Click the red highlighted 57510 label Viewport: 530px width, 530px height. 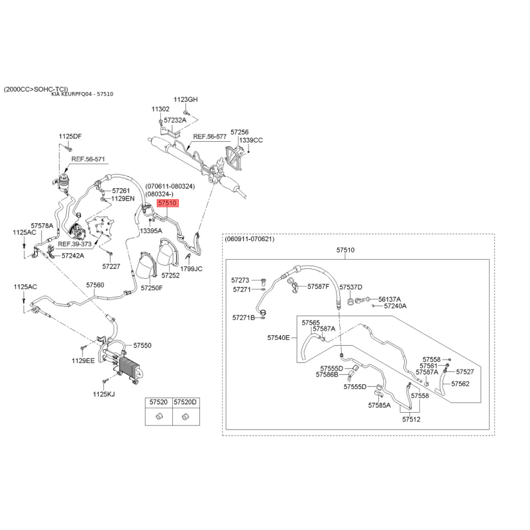click(x=168, y=203)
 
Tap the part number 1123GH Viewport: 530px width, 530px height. click(x=185, y=99)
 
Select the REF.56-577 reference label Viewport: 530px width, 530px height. click(x=209, y=136)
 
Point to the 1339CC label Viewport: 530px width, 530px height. click(x=251, y=140)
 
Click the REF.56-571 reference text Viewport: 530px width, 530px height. click(x=88, y=159)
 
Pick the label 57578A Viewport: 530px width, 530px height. click(x=42, y=225)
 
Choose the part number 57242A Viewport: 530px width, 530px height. click(x=73, y=256)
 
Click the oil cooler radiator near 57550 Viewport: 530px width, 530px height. click(x=129, y=368)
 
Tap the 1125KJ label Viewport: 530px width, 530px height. click(x=104, y=394)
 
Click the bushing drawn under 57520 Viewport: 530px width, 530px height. click(x=159, y=416)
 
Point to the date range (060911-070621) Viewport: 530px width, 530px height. click(x=250, y=239)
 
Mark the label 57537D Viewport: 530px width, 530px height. click(x=351, y=287)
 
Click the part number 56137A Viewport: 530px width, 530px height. click(x=390, y=299)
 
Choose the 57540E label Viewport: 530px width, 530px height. click(x=278, y=337)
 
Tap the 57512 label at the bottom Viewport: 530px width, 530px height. click(x=411, y=419)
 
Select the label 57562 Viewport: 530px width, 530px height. click(x=460, y=384)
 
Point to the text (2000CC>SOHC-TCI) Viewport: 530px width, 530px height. click(x=36, y=89)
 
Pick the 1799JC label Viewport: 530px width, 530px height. click(x=191, y=269)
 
